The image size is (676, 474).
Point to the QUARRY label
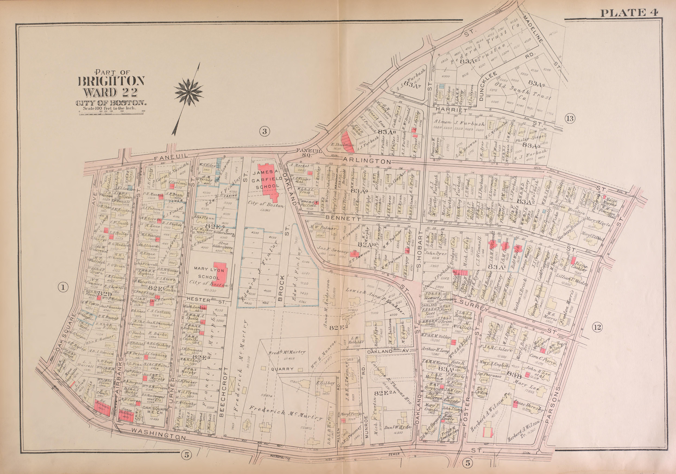pos(282,369)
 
